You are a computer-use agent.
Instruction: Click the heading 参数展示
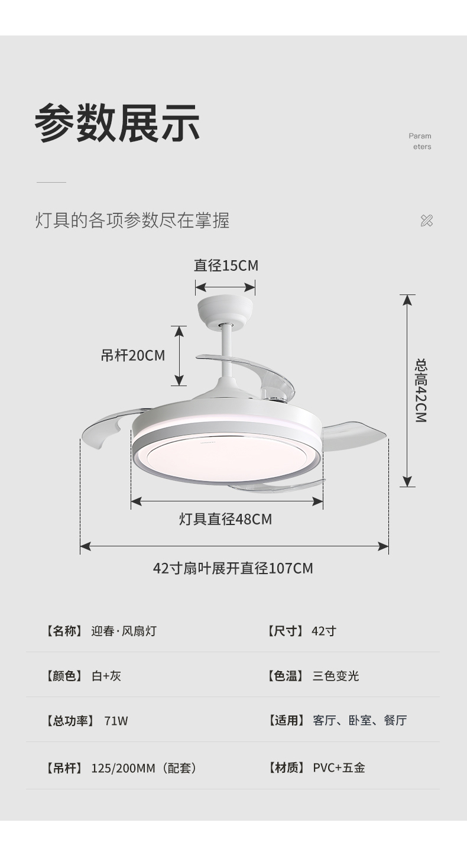click(117, 123)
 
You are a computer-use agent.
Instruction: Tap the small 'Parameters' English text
click(420, 141)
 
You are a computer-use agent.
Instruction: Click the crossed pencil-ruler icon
click(426, 221)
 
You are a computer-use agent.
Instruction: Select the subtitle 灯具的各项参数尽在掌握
click(132, 220)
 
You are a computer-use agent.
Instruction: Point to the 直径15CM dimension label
click(226, 265)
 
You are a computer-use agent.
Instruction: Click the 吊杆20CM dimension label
click(132, 355)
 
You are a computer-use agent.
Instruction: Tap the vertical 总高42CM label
click(420, 390)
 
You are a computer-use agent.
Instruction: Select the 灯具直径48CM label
click(225, 519)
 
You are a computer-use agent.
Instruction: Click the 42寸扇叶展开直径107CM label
click(233, 568)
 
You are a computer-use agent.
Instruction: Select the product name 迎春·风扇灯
click(124, 631)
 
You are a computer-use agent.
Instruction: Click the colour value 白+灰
click(106, 676)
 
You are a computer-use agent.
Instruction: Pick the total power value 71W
click(116, 721)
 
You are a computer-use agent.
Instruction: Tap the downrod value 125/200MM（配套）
click(143, 768)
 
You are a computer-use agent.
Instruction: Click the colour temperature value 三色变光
click(335, 676)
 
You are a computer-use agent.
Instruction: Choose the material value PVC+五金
click(339, 768)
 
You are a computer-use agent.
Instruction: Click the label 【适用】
click(286, 721)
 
